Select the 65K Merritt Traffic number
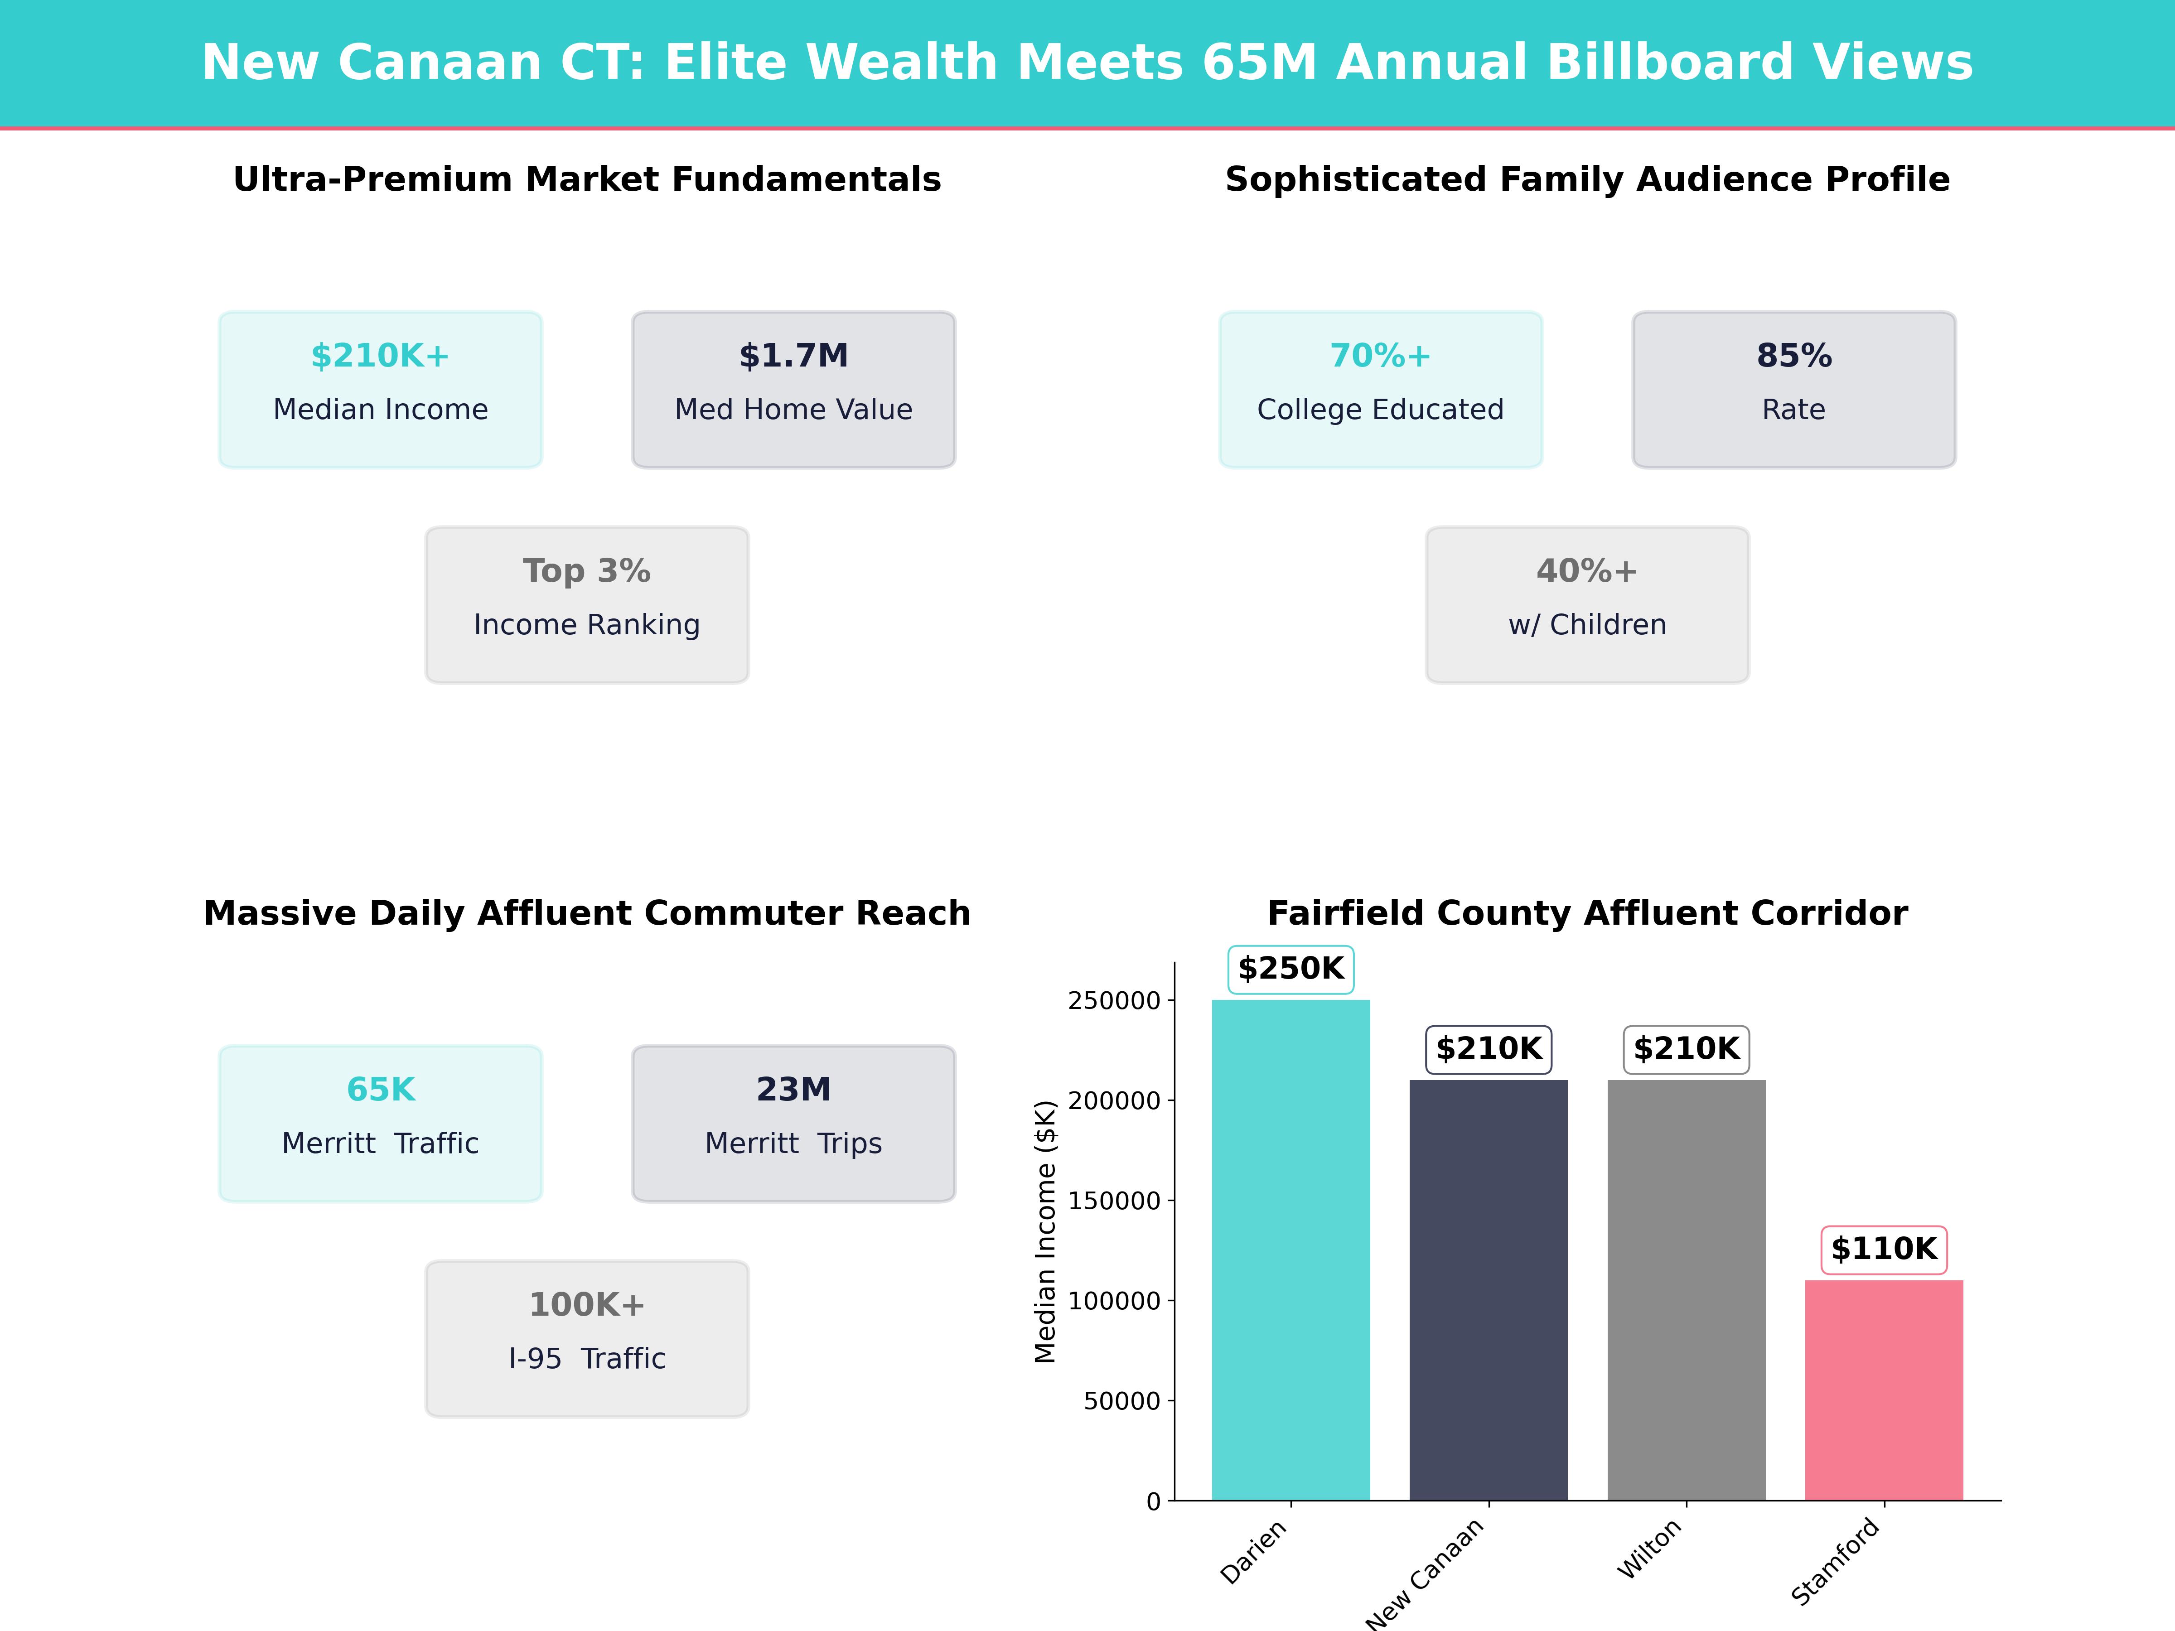pos(381,1089)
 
